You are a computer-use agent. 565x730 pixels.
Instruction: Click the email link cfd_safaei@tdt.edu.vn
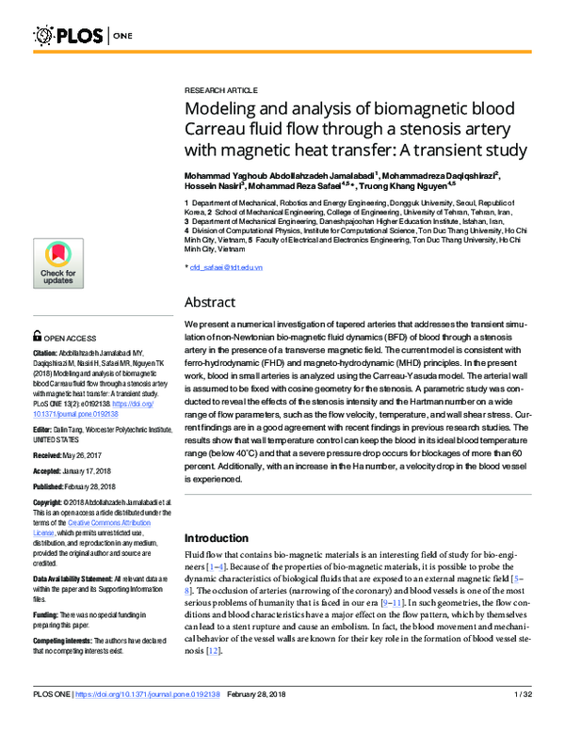pyautogui.click(x=226, y=268)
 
